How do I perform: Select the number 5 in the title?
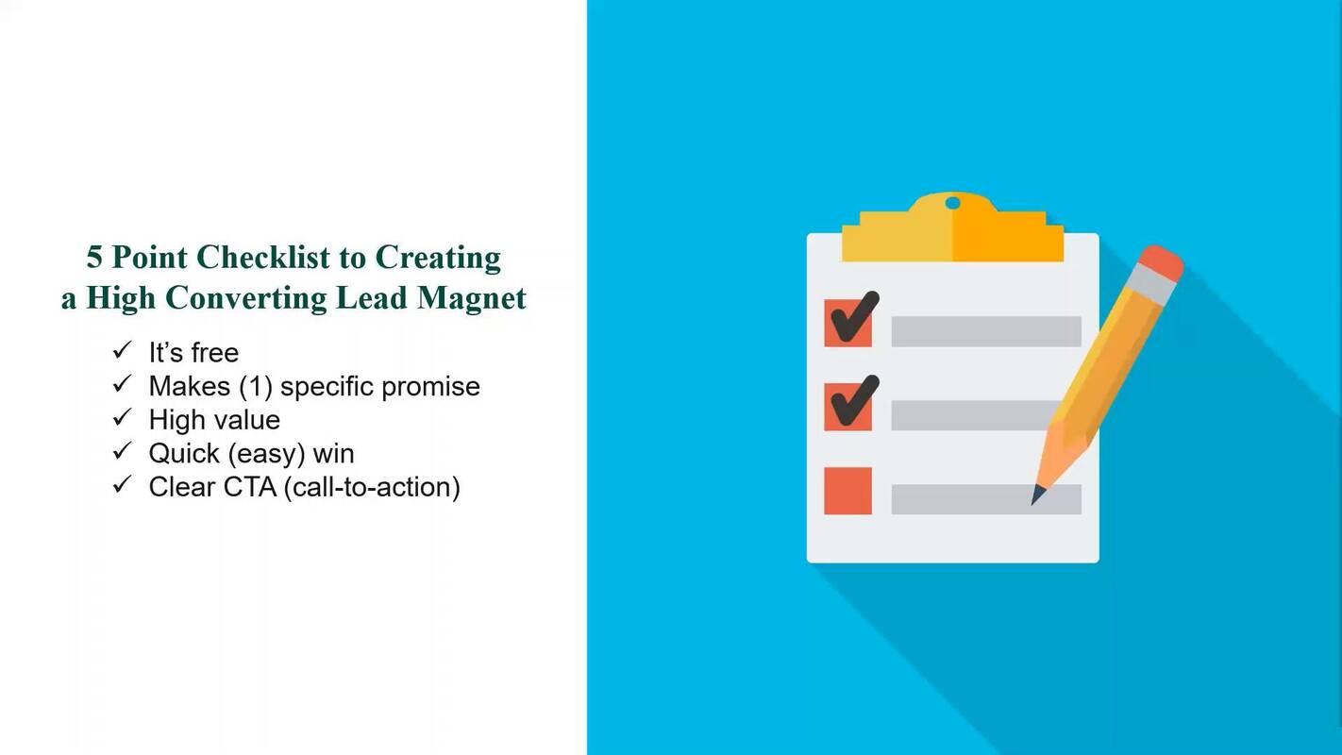tap(95, 258)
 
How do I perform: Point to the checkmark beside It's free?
tap(122, 351)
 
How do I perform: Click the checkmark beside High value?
tap(122, 418)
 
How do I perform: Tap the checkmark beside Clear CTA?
tap(122, 485)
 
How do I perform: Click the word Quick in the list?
tap(183, 454)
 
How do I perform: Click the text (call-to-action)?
tap(371, 488)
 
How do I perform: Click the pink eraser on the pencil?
tap(1160, 263)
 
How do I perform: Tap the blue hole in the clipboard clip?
tap(952, 203)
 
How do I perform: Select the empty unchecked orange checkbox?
tap(847, 491)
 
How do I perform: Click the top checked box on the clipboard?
tap(847, 323)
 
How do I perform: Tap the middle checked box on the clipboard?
tap(847, 407)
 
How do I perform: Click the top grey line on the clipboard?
tap(985, 331)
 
